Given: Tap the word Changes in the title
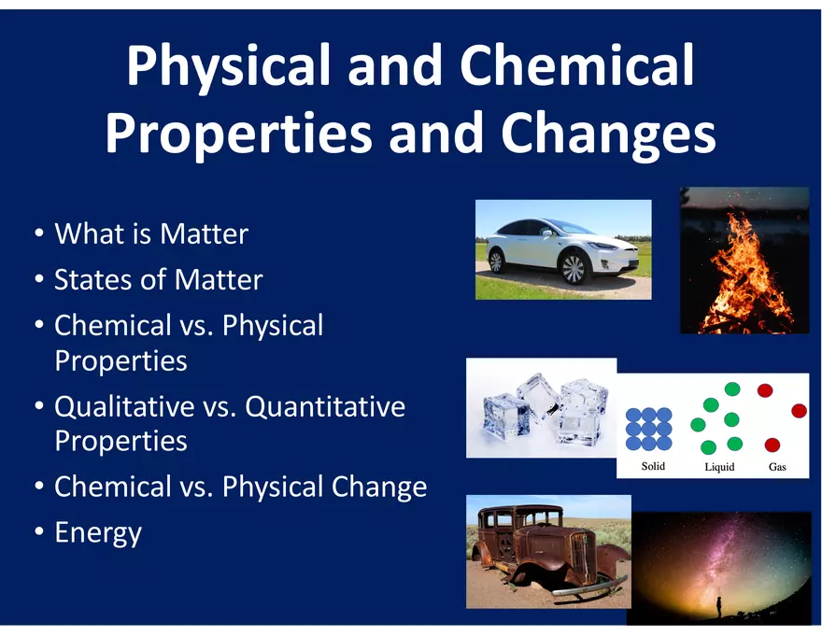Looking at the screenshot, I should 608,134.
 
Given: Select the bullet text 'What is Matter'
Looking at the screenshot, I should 151,233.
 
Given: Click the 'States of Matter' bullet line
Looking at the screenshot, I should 158,279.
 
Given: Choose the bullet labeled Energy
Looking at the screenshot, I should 98,532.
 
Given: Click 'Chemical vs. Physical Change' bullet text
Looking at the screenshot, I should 240,487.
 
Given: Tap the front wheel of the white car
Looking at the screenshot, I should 573,269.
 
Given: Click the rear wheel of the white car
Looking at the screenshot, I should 496,260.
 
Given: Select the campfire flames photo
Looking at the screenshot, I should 744,261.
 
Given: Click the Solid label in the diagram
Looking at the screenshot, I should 654,466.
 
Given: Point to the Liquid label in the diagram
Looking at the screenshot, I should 719,467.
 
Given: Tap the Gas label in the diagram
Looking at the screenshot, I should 777,467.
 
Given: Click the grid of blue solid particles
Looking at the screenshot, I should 649,429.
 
